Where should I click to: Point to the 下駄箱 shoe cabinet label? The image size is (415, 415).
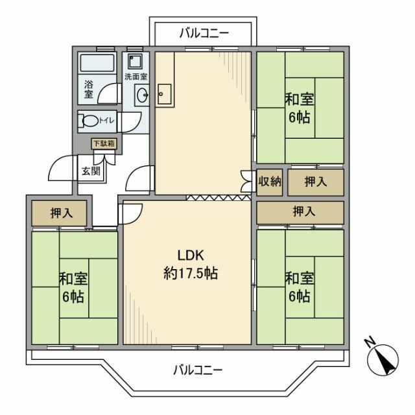102,143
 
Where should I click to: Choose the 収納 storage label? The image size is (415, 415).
269,181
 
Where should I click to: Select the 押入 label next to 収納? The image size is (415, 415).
316,181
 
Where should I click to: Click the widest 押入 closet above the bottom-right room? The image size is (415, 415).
300,211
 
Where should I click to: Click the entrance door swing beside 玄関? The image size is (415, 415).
64,170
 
